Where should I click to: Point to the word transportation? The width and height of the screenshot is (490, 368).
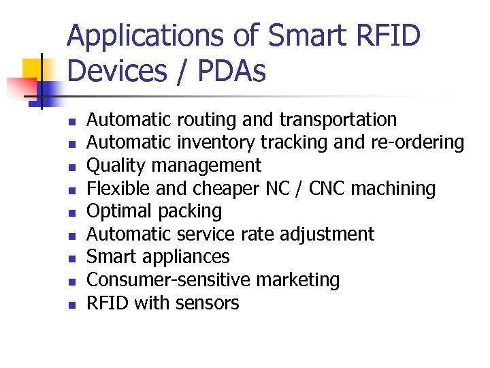tap(338, 120)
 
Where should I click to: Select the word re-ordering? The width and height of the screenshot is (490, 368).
tap(416, 142)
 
